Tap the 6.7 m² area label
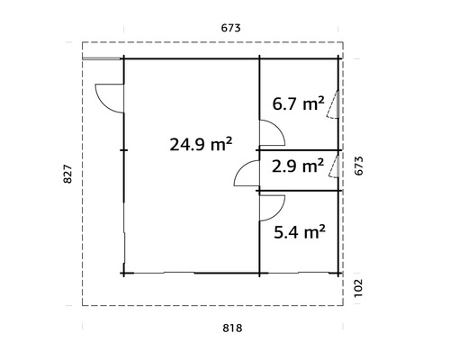[298, 104]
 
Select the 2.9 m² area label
[298, 166]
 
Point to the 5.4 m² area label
[298, 232]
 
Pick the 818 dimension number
[231, 329]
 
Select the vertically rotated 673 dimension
[358, 167]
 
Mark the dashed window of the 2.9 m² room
[334, 166]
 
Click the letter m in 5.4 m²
[307, 234]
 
